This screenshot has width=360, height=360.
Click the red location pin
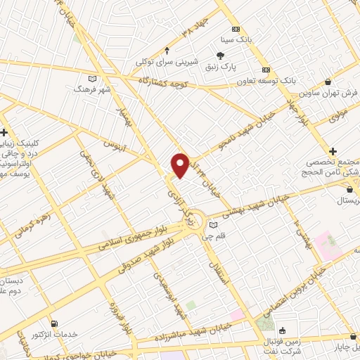pos(180,165)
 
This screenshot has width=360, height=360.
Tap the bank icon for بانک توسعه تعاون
pos(266,70)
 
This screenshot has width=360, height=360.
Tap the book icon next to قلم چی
pos(214,225)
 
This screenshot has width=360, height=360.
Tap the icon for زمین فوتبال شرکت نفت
pos(282,330)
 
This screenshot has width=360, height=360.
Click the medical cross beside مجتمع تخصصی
pos(333,150)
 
